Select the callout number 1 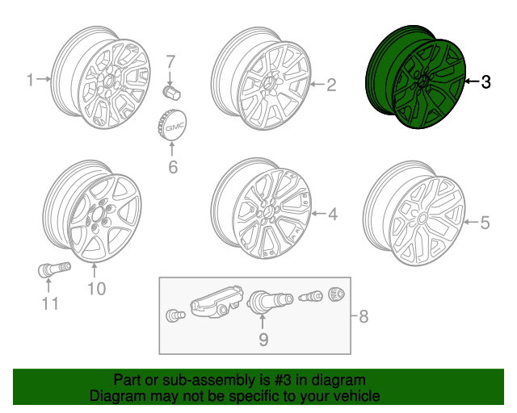coord(31,80)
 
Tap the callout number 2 coord(330,83)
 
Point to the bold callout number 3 coord(485,81)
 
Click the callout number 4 coord(332,214)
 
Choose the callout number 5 coord(485,222)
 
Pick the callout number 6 coord(172,167)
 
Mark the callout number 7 coord(170,61)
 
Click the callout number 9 coord(263,340)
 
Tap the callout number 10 coord(96,288)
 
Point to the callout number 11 coord(50,303)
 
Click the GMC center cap coord(172,128)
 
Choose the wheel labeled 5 coord(414,218)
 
